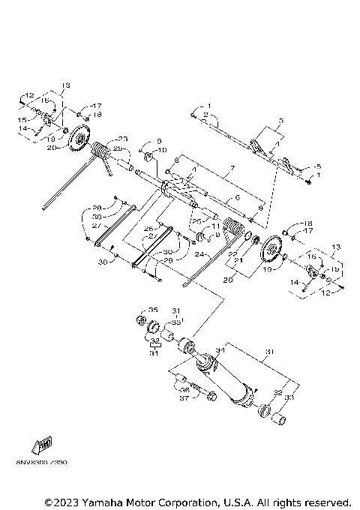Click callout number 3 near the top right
(x=280, y=120)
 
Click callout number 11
(x=215, y=226)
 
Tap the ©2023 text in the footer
(x=63, y=501)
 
